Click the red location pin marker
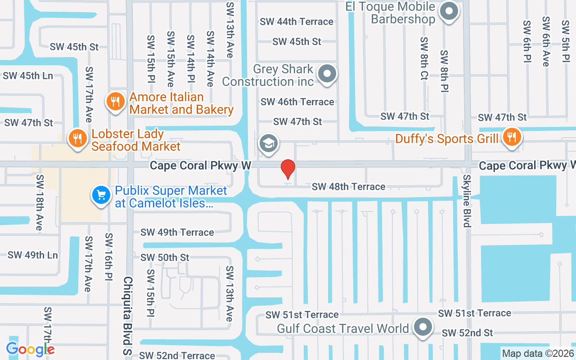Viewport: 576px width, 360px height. [x=288, y=169]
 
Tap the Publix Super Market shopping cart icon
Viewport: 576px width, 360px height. [x=101, y=195]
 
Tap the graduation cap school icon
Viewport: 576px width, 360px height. [x=268, y=144]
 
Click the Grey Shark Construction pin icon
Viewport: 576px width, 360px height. [x=327, y=73]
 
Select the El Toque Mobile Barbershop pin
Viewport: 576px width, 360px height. [x=448, y=11]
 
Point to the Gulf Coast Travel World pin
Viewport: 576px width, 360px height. [x=423, y=327]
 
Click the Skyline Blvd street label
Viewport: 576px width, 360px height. [x=466, y=201]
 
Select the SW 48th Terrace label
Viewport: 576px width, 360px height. [x=348, y=186]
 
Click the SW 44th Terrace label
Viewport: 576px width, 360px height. [x=297, y=22]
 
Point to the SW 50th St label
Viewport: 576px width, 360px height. [x=165, y=257]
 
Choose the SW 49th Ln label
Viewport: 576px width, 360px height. [x=33, y=255]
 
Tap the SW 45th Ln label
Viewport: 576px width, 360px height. [x=28, y=76]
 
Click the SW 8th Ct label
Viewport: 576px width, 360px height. [x=424, y=58]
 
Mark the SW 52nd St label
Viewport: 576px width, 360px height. [x=467, y=333]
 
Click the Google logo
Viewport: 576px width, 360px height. [x=30, y=349]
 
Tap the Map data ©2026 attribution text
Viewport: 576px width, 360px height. [x=538, y=353]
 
